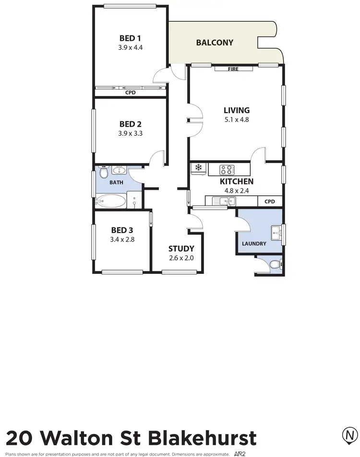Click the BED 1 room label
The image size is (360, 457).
click(130, 38)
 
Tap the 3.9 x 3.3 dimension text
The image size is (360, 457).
click(130, 134)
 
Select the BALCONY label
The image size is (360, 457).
click(215, 43)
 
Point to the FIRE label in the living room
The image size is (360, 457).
click(233, 70)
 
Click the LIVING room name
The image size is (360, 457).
click(237, 110)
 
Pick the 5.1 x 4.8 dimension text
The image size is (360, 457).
click(237, 120)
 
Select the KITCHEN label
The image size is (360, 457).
click(237, 182)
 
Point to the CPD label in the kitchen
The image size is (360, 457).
click(270, 202)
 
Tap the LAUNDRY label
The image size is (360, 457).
click(254, 244)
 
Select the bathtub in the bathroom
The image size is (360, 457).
click(110, 201)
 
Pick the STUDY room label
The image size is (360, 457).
click(181, 248)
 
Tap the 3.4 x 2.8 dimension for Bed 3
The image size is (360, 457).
click(122, 239)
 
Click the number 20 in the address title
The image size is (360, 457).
click(20, 438)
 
